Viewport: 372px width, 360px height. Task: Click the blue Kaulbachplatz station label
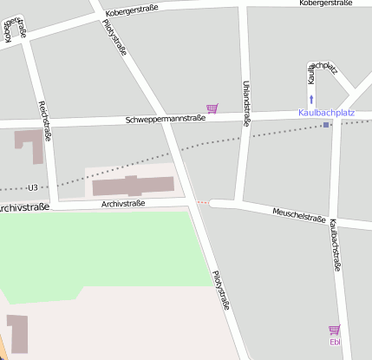pyautogui.click(x=326, y=113)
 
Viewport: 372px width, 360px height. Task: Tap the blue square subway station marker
pyautogui.click(x=326, y=125)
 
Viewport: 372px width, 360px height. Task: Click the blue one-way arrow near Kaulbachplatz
pyautogui.click(x=311, y=100)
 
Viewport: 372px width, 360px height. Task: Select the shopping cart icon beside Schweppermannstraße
pyautogui.click(x=212, y=108)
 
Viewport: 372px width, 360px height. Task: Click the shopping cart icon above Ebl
pyautogui.click(x=335, y=330)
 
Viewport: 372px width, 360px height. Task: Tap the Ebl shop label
pyautogui.click(x=335, y=342)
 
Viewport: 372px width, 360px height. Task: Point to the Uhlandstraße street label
pyautogui.click(x=245, y=102)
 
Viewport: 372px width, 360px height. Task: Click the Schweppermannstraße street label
pyautogui.click(x=165, y=118)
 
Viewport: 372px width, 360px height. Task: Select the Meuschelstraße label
pyautogui.click(x=298, y=215)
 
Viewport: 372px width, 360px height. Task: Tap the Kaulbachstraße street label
pyautogui.click(x=335, y=245)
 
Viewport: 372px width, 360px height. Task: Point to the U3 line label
pyautogui.click(x=33, y=187)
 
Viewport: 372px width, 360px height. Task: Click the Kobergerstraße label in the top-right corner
pyautogui.click(x=325, y=3)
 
